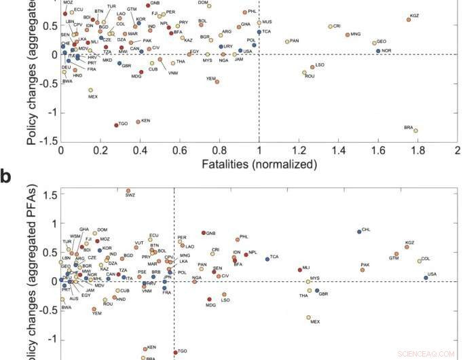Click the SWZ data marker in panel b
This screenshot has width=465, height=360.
tap(128, 191)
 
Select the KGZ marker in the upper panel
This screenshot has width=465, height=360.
tap(409, 20)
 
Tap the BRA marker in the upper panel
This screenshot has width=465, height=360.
tap(415, 130)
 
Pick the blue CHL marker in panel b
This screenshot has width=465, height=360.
tap(359, 232)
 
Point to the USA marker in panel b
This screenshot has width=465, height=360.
tap(426, 278)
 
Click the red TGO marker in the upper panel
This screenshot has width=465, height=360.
tap(116, 125)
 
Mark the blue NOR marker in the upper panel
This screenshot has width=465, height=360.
tap(378, 51)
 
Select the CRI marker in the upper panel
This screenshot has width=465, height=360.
tap(331, 26)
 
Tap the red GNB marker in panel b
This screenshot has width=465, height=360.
tap(203, 233)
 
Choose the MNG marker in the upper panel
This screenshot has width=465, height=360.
tap(348, 35)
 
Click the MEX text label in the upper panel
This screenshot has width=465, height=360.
tap(94, 97)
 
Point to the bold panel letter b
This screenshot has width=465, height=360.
tap(6, 177)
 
